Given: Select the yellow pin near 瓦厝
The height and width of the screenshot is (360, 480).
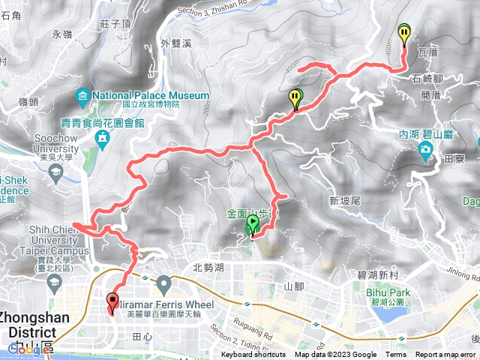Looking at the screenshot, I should [x=405, y=34].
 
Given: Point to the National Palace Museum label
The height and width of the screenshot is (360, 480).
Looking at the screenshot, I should [x=150, y=96].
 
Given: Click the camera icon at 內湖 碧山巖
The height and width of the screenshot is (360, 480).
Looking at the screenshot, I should [x=425, y=149].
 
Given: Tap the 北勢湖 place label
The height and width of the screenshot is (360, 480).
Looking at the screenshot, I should [x=208, y=267].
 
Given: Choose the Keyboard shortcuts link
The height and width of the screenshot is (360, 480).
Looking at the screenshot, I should [x=253, y=355].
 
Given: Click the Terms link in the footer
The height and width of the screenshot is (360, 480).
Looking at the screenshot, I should [x=396, y=355].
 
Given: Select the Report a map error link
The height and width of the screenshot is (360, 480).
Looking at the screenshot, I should [x=445, y=355].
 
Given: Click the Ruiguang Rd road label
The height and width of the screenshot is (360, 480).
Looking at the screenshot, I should [x=261, y=304].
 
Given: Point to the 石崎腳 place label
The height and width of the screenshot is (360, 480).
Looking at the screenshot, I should [x=427, y=78].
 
